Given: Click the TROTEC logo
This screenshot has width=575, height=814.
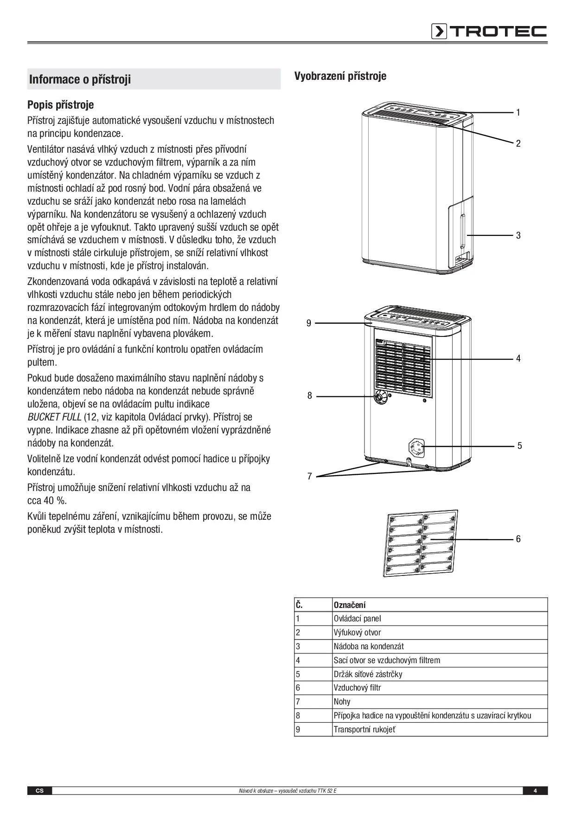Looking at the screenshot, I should tap(489, 31).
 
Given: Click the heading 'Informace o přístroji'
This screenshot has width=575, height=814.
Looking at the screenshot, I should tap(80, 79).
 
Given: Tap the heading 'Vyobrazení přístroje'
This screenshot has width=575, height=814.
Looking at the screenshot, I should tap(340, 76).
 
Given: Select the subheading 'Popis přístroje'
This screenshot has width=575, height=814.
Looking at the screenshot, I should tap(60, 105).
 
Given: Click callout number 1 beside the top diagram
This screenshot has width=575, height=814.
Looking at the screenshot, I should tap(518, 112).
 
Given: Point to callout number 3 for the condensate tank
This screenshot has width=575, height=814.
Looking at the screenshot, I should tap(518, 235).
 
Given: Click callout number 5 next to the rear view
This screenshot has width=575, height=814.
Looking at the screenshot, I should tap(519, 446).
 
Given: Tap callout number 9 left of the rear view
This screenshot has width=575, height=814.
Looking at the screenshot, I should tap(309, 323).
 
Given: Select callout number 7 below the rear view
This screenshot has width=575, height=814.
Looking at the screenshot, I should tap(309, 476).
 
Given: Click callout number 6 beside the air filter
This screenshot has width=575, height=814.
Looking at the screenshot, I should tap(518, 539).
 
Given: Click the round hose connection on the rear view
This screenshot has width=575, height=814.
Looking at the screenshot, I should tap(381, 397).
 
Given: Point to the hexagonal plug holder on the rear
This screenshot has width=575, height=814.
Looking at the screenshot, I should tap(416, 447).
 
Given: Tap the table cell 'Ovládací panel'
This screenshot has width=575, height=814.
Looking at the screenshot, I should tap(357, 619).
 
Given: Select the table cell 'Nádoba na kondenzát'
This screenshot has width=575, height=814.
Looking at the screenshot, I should tap(369, 646).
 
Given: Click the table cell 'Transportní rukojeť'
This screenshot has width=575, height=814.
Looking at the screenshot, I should tap(364, 730).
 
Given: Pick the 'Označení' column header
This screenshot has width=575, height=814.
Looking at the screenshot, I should tap(350, 605).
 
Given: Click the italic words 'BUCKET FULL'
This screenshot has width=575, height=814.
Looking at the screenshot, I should tap(54, 417).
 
